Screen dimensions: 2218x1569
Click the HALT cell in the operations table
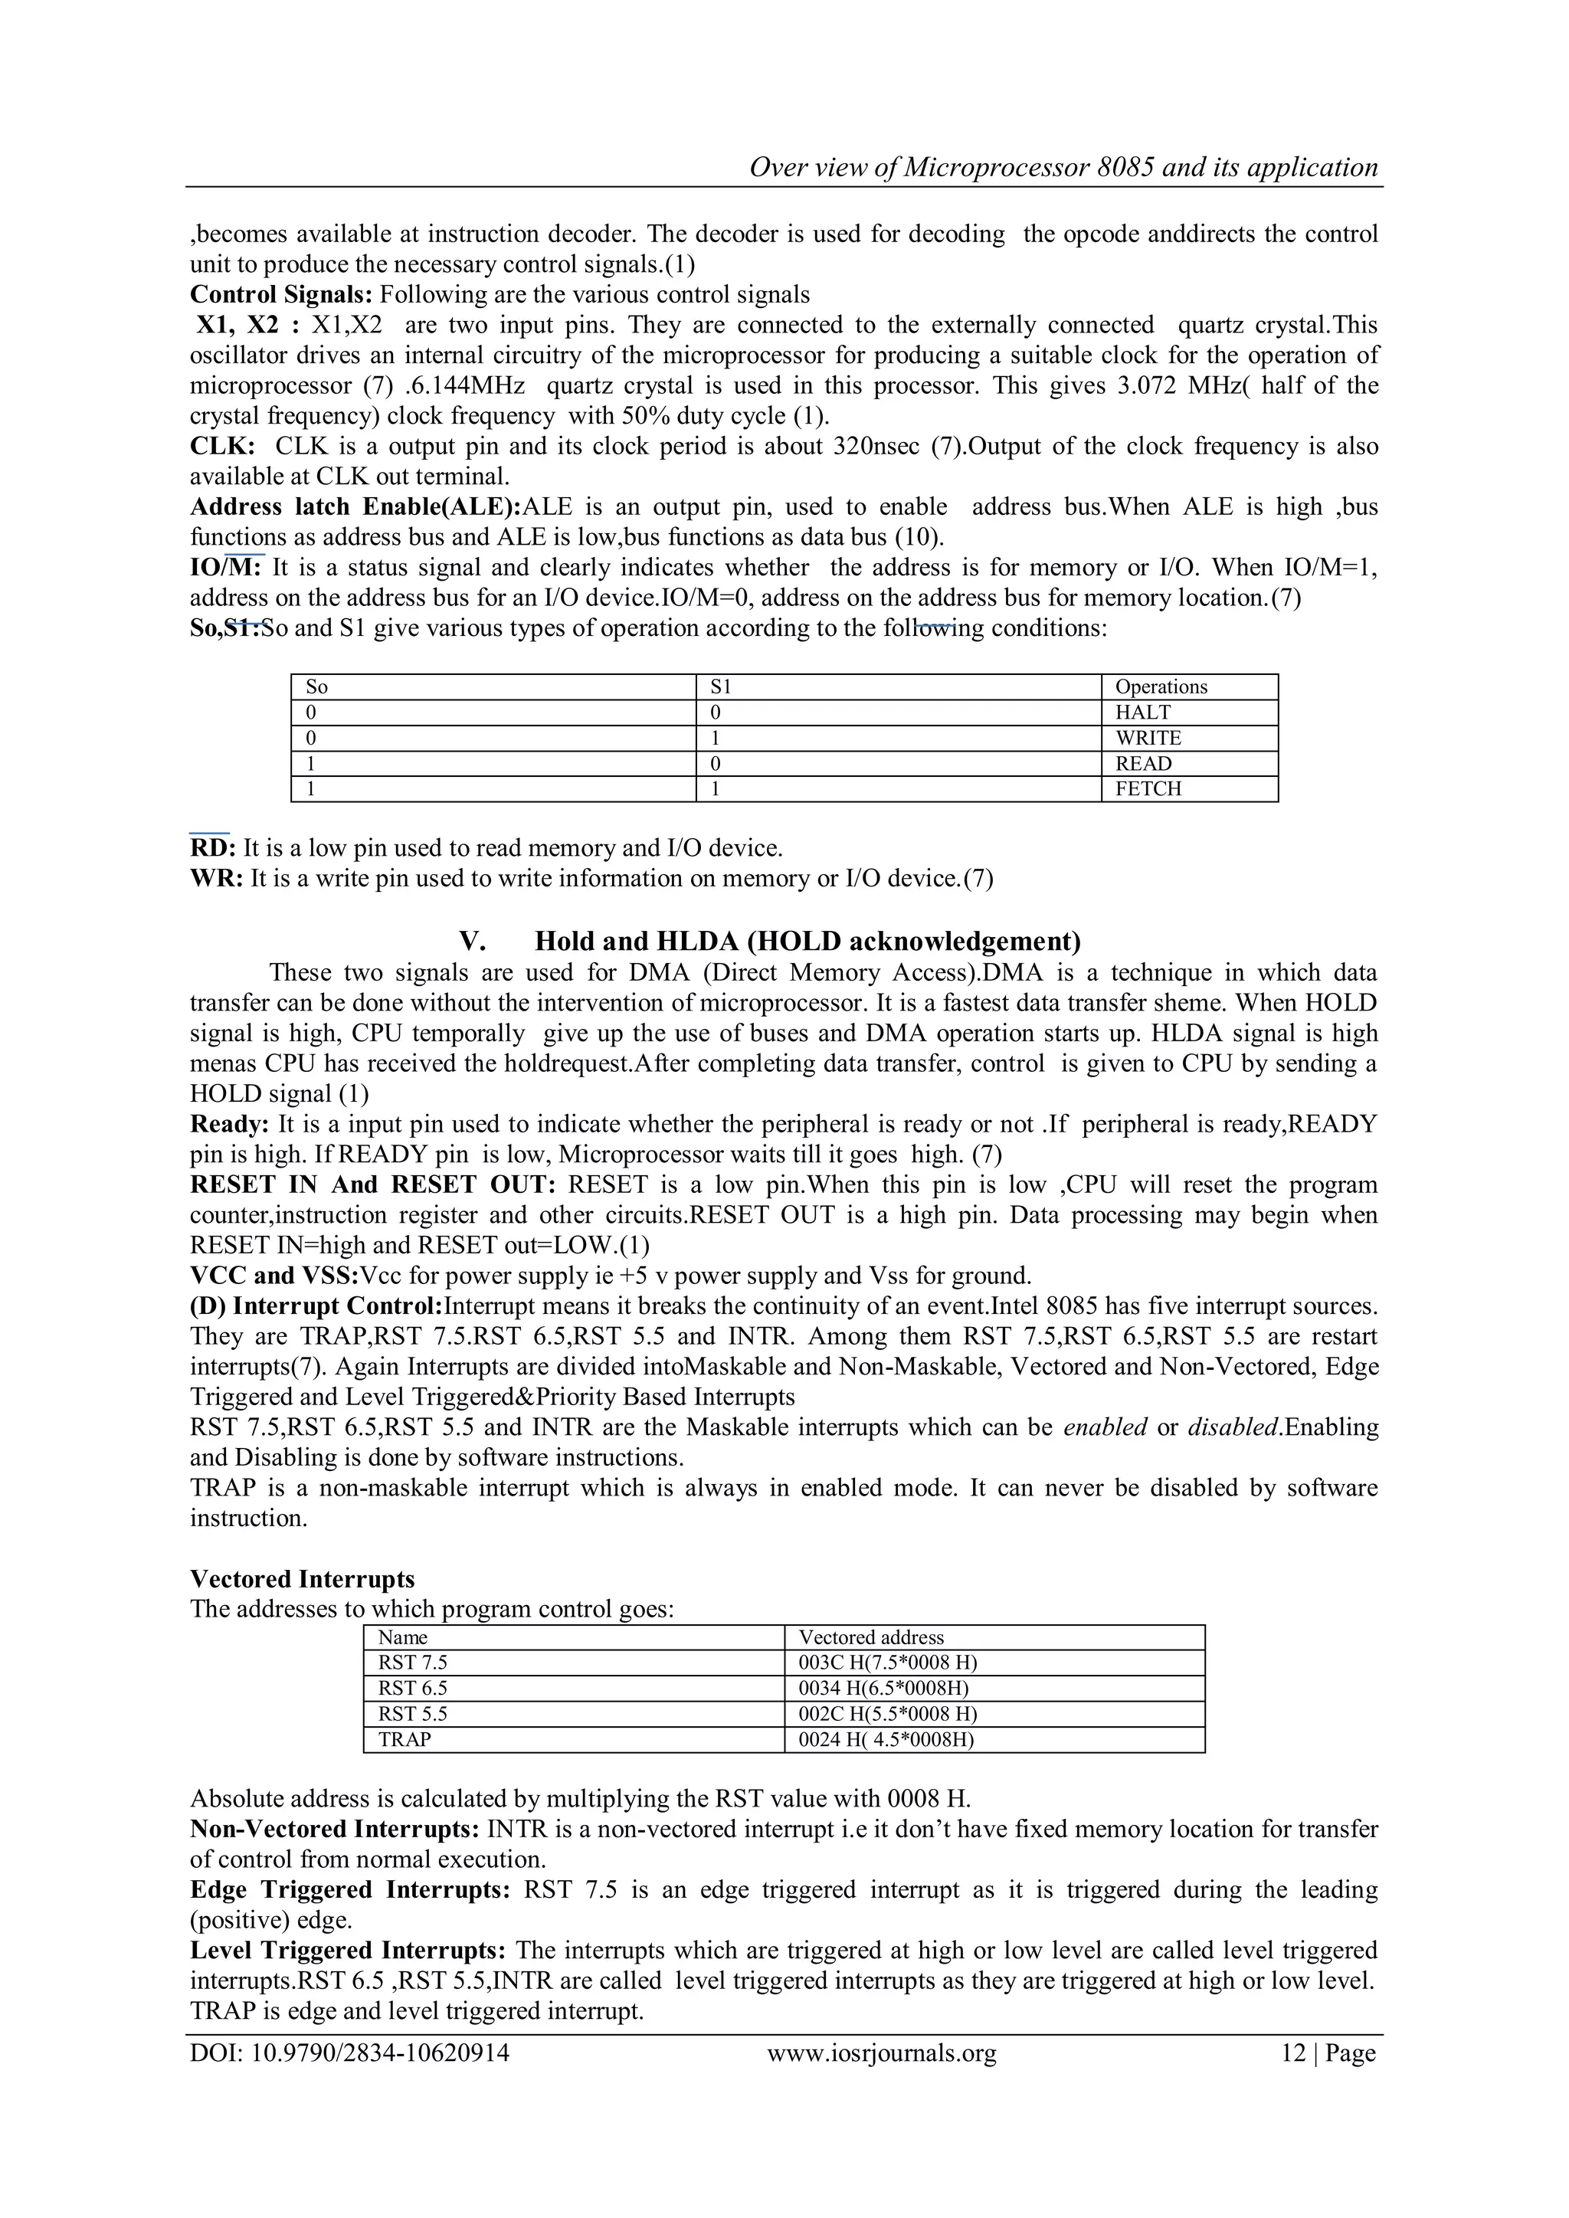point(1142,713)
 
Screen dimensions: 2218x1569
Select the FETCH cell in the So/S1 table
point(1148,789)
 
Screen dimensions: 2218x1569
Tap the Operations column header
point(1161,686)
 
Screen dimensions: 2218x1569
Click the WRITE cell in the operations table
point(1148,738)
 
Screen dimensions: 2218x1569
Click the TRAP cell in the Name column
point(404,1740)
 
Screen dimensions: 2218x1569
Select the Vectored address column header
point(870,1637)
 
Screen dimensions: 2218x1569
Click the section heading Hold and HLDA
point(807,941)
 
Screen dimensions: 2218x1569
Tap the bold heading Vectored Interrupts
point(303,1580)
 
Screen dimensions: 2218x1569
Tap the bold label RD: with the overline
point(212,848)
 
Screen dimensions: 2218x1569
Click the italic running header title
point(1063,167)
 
